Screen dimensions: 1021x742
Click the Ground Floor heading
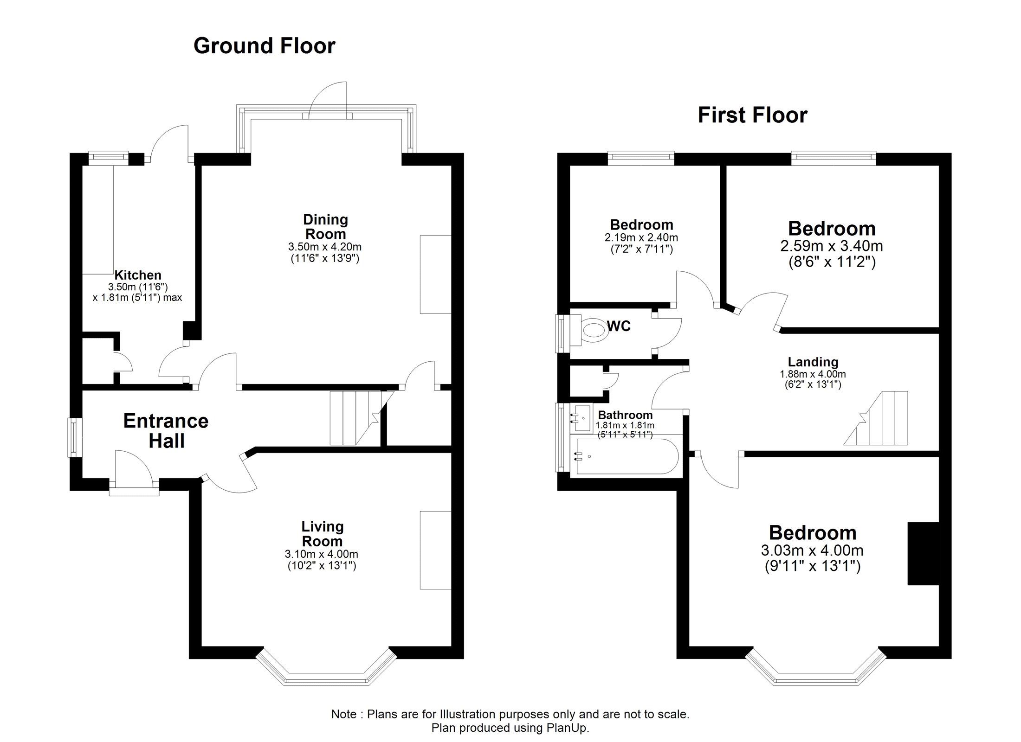pyautogui.click(x=264, y=46)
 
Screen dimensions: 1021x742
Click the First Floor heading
pyautogui.click(x=752, y=115)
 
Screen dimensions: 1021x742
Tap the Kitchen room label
pyautogui.click(x=138, y=275)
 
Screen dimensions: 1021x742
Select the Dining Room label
pyautogui.click(x=325, y=226)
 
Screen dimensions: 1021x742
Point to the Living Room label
pyautogui.click(x=322, y=534)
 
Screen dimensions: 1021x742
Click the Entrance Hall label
pyautogui.click(x=166, y=431)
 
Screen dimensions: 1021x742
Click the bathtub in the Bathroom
pyautogui.click(x=627, y=456)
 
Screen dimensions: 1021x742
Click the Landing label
pyautogui.click(x=813, y=362)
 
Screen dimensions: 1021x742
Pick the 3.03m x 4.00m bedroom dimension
pyautogui.click(x=812, y=550)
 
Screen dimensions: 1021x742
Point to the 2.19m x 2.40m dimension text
pyautogui.click(x=641, y=238)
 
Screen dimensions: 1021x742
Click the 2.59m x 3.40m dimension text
pyautogui.click(x=832, y=246)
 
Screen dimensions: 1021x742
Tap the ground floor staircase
pyautogui.click(x=357, y=418)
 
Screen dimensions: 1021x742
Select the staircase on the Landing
pyautogui.click(x=876, y=418)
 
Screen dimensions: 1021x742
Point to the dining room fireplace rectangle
pyautogui.click(x=435, y=275)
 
